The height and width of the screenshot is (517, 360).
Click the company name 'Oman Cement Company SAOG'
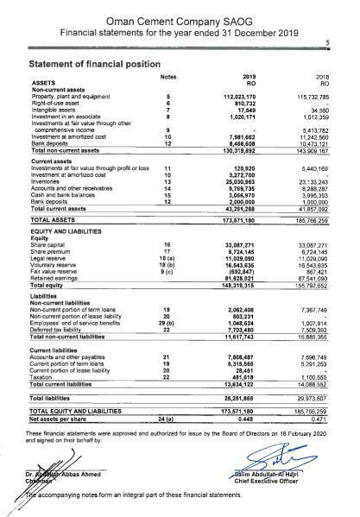[180, 16]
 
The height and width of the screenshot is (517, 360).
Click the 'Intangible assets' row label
[56, 109]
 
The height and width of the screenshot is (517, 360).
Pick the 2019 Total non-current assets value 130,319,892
[242, 150]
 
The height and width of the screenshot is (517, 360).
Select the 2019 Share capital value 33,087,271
[243, 246]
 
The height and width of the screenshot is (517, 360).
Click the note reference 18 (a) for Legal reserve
[169, 259]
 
